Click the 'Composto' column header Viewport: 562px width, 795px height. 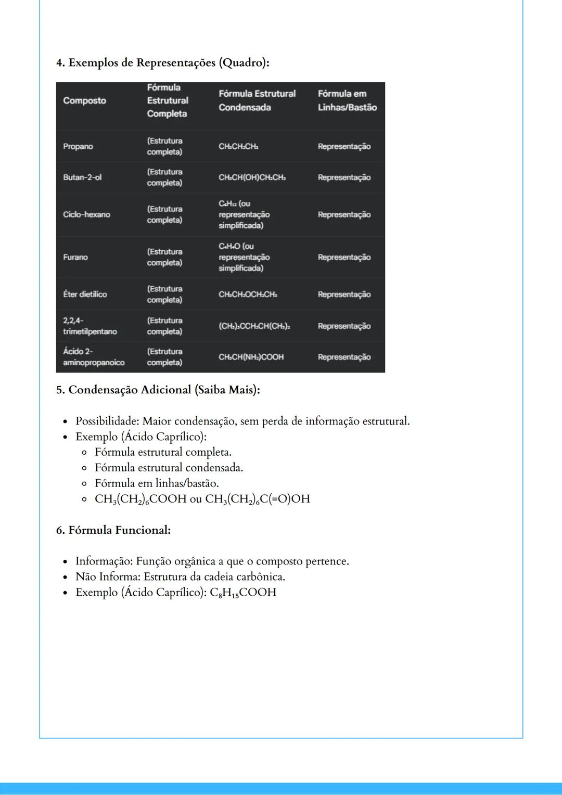pos(84,100)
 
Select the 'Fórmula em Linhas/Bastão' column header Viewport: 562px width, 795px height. pos(347,100)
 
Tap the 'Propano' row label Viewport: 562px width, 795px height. pos(78,146)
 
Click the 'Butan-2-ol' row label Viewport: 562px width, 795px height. pos(82,177)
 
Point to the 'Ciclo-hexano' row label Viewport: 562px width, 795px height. pos(86,214)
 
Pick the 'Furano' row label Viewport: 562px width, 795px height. pos(75,257)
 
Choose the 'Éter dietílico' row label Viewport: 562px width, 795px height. pos(85,294)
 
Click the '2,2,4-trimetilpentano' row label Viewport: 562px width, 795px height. pos(90,326)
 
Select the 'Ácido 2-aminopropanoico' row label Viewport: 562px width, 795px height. pos(94,357)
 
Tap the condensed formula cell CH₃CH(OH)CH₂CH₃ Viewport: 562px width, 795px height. pos(252,177)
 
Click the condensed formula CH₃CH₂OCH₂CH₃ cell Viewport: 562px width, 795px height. pos(248,294)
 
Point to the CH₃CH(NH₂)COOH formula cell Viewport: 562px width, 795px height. pos(251,357)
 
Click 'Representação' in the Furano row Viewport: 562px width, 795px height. pos(344,257)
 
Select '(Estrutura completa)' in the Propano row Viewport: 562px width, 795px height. pos(164,146)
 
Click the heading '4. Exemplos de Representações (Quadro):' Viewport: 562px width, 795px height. pos(163,63)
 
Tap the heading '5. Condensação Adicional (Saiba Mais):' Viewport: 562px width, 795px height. pos(158,390)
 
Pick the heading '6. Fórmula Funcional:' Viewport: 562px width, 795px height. pos(113,530)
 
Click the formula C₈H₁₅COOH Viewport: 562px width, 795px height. pos(243,593)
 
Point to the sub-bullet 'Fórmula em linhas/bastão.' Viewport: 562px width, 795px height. pos(157,483)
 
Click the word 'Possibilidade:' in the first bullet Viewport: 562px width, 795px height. pos(107,421)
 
